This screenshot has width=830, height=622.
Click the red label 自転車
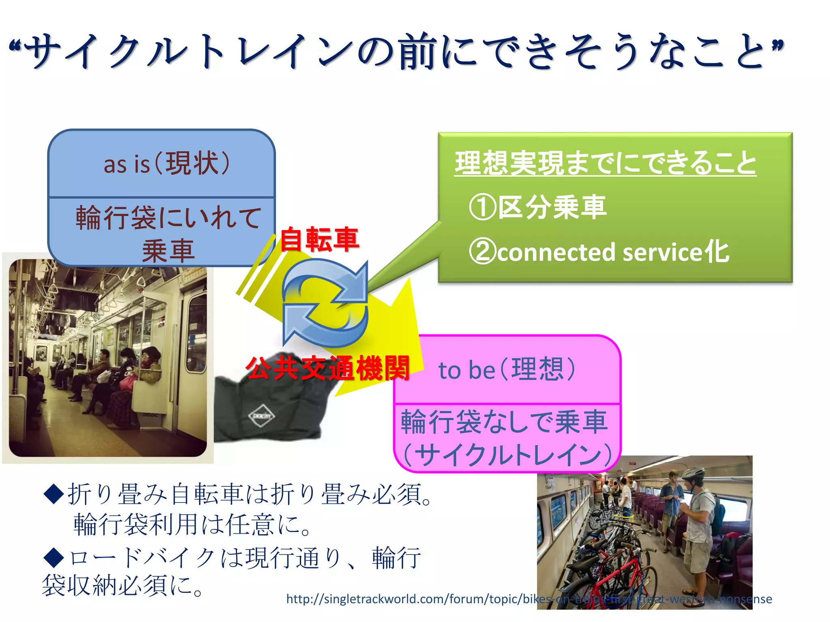click(x=319, y=239)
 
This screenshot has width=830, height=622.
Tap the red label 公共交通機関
click(x=327, y=368)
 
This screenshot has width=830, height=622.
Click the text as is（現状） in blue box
click(x=167, y=164)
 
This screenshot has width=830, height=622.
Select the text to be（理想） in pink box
click(x=507, y=370)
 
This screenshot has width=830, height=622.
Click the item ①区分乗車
click(x=537, y=207)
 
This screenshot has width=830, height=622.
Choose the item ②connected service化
click(x=599, y=252)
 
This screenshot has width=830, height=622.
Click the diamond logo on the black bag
click(x=261, y=416)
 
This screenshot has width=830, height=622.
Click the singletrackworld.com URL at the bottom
click(x=529, y=599)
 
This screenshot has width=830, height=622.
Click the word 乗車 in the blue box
click(x=168, y=251)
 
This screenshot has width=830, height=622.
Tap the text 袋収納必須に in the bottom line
click(x=122, y=586)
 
